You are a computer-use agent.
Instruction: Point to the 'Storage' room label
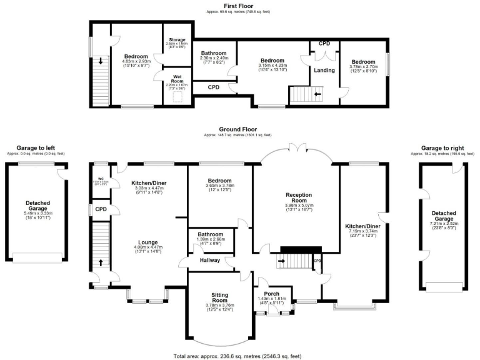pyautogui.click(x=177, y=40)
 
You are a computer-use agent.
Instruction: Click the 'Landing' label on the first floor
pyautogui.click(x=324, y=70)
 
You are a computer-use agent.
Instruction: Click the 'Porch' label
pyautogui.click(x=272, y=294)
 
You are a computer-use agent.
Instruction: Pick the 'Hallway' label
pyautogui.click(x=210, y=260)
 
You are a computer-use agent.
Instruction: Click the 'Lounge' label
pyautogui.click(x=148, y=242)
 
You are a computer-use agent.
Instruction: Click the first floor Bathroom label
pyautogui.click(x=213, y=53)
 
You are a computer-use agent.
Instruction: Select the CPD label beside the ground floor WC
pyautogui.click(x=99, y=210)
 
